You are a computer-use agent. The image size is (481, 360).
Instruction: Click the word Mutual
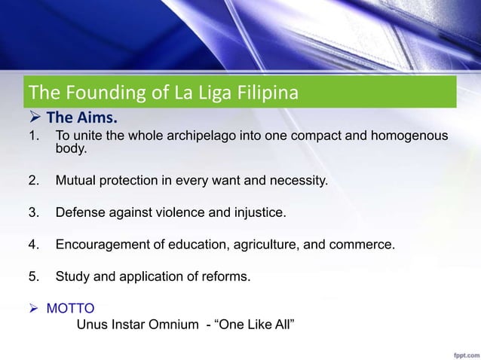(75, 182)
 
